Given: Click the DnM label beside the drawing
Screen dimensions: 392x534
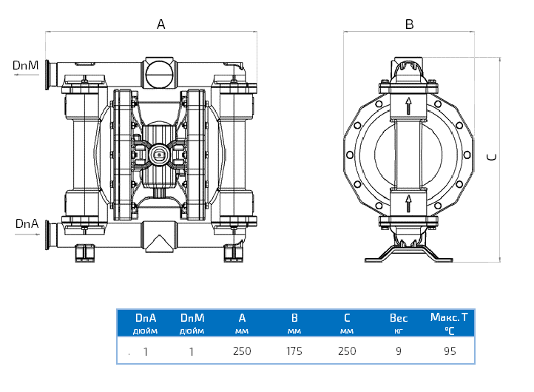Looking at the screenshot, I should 26,65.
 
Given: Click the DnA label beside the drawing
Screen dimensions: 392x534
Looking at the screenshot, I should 26,223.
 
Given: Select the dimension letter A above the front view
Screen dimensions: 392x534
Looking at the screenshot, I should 161,24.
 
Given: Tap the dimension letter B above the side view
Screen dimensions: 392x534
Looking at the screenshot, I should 409,24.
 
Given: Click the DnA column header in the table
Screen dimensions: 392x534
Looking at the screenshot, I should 146,318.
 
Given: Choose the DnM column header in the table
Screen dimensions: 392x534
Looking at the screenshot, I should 192,318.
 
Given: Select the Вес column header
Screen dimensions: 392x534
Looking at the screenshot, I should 399,318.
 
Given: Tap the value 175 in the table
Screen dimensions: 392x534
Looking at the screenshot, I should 294,351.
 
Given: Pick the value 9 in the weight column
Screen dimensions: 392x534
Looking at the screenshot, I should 399,351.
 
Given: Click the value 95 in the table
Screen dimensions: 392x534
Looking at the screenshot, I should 450,351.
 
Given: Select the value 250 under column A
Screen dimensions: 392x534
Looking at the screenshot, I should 242,351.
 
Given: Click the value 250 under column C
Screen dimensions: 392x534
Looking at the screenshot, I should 347,351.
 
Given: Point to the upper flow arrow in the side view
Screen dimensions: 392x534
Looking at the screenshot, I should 408,105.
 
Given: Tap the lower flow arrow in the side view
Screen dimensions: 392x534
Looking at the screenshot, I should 408,203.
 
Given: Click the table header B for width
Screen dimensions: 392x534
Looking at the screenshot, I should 294,318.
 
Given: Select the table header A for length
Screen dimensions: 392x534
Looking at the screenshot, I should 242,318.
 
